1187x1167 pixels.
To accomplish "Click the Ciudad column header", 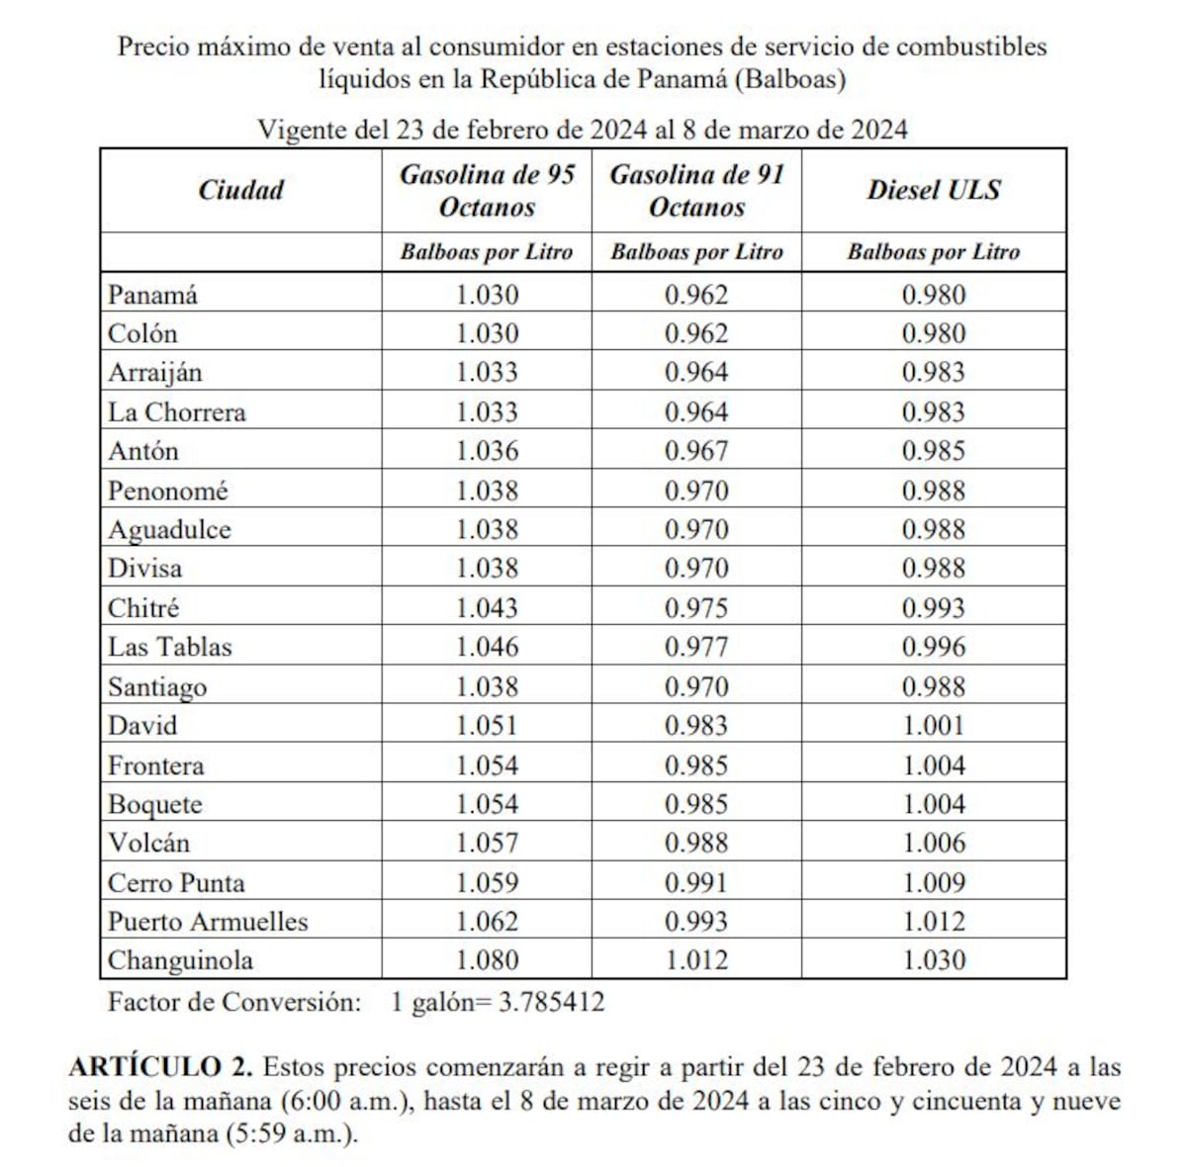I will tap(240, 190).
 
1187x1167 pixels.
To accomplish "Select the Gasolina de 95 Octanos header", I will tap(487, 191).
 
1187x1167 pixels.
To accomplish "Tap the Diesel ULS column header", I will tap(933, 190).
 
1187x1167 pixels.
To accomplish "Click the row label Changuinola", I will tap(180, 960).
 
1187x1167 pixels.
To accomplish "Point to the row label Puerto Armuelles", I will tap(208, 922).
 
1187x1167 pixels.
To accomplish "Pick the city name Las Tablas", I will tap(169, 647).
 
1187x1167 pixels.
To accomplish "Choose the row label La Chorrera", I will tap(176, 411).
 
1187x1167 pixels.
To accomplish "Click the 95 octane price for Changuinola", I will tap(487, 960).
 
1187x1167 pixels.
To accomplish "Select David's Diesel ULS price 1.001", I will tap(933, 726).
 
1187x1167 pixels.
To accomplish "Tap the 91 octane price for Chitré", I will tap(696, 608).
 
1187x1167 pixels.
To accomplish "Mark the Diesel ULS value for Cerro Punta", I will tap(933, 882).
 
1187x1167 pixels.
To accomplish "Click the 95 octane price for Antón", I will tap(487, 451).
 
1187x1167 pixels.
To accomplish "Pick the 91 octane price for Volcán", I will tap(696, 844).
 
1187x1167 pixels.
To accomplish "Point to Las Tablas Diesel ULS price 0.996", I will tap(933, 647).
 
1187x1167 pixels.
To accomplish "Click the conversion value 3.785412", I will tap(551, 1003).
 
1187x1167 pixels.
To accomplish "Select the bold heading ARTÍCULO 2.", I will tap(160, 1067).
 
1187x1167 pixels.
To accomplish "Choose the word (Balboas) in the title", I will tap(789, 79).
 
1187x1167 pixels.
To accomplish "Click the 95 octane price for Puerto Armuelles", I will tap(487, 922).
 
